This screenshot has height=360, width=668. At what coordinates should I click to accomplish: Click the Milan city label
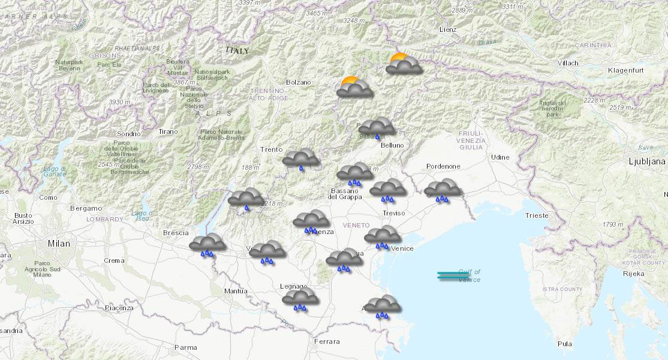(59, 244)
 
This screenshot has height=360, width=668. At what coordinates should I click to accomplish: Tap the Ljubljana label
(646, 161)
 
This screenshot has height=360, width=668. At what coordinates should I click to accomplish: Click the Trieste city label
(536, 215)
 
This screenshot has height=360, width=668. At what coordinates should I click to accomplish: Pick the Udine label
(500, 157)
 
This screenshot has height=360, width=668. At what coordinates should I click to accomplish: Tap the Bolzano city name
(298, 82)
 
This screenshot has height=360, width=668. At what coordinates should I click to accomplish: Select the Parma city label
(185, 347)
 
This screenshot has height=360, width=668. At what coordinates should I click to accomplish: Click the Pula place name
(564, 344)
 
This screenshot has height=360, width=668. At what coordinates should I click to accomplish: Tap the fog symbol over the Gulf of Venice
(453, 276)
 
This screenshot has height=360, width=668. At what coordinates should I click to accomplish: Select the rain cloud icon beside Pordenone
(443, 190)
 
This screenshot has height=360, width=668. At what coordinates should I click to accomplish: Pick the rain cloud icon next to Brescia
(207, 244)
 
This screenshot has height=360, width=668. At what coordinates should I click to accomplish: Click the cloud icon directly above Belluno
(377, 127)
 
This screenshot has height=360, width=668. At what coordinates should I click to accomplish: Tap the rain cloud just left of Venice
(382, 236)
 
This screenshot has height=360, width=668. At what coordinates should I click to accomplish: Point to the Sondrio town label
(129, 134)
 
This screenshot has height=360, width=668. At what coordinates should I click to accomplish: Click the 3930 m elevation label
(120, 102)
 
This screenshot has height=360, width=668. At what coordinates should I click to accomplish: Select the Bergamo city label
(86, 208)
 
